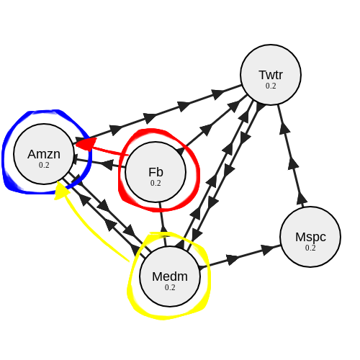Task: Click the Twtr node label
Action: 271,75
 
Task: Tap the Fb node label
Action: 156,171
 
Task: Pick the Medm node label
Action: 170,276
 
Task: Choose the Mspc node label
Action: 310,236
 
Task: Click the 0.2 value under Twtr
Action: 271,86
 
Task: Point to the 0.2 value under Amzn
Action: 44,165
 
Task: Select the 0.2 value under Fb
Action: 156,183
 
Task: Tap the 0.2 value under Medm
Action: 170,287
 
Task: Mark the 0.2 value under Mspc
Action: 310,248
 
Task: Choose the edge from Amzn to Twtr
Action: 158,114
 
